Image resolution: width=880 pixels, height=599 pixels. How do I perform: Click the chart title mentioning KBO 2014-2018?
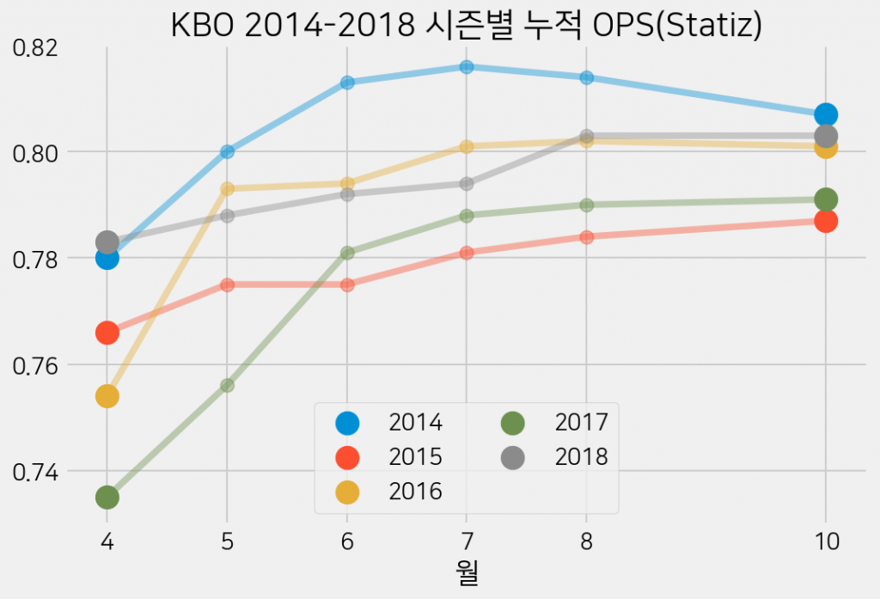coord(467,26)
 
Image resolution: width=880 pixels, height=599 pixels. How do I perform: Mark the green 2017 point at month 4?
coord(107,497)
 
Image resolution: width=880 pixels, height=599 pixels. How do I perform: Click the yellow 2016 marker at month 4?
coord(107,396)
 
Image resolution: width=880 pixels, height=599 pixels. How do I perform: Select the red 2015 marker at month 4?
coord(107,332)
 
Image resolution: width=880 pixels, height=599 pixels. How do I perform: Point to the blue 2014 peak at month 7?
coord(467,67)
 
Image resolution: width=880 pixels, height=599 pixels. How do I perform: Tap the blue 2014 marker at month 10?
coord(826,114)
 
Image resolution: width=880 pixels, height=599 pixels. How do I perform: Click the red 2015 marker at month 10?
coord(826,221)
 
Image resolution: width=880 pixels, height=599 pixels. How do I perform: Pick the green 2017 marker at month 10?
coord(826,199)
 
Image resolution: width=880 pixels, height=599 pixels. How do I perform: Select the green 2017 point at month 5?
coord(227,385)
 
